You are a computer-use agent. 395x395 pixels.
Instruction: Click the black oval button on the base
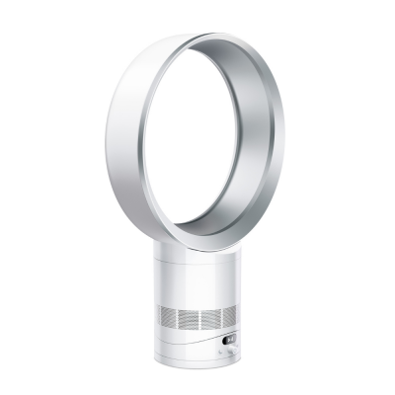coord(229,341)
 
